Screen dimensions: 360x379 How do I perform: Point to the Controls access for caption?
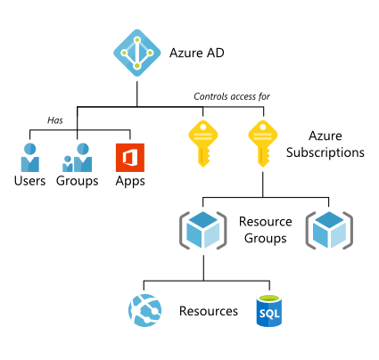tap(232, 96)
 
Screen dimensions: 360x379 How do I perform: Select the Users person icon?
tap(30, 153)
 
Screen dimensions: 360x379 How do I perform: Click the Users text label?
tap(30, 182)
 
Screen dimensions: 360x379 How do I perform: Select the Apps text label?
tap(130, 182)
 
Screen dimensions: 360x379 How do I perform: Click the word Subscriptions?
tap(325, 152)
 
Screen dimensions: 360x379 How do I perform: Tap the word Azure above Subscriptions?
tap(325, 135)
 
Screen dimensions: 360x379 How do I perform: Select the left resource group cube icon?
tap(202, 229)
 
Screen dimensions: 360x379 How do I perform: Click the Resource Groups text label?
tap(264, 229)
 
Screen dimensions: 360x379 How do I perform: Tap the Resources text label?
tap(208, 312)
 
